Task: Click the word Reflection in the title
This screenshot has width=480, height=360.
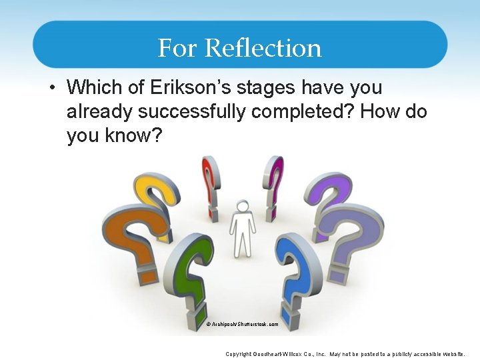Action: (263, 48)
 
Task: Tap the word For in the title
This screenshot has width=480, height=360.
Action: (178, 48)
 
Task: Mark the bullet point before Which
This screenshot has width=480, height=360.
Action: (53, 87)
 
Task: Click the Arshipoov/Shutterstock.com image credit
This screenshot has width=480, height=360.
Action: (243, 325)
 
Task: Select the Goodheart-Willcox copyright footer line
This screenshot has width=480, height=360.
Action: (345, 354)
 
